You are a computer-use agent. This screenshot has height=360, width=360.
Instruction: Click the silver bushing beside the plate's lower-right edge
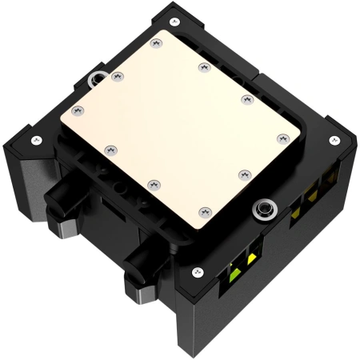pyautogui.click(x=261, y=210)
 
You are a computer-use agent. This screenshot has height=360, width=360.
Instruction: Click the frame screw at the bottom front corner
pyautogui.click(x=194, y=271)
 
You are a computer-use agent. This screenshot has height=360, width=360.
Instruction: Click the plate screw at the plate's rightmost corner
pyautogui.click(x=281, y=138)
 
